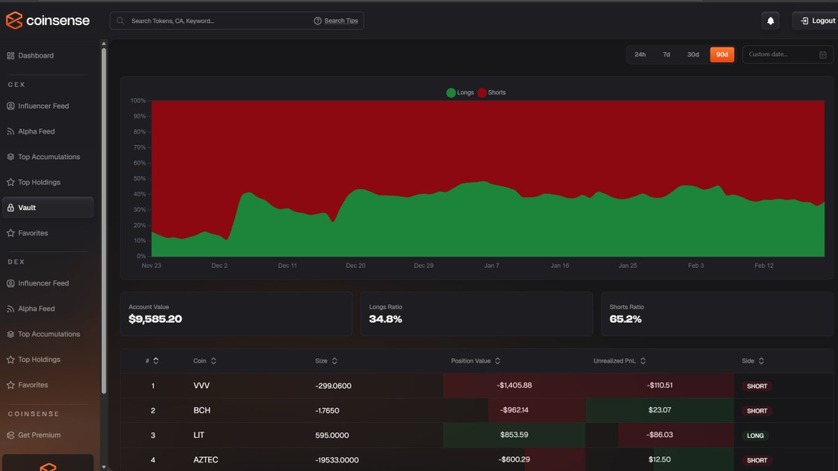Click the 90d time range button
tap(722, 54)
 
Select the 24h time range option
tap(640, 54)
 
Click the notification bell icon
tap(770, 21)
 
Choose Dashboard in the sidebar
tap(36, 56)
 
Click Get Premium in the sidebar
tap(39, 435)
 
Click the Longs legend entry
tap(460, 93)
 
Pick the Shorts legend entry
tap(492, 93)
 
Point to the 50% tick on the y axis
tap(138, 179)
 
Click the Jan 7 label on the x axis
tap(491, 266)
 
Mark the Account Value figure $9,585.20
tap(155, 320)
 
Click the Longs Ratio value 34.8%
tap(385, 320)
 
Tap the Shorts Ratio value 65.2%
tap(626, 320)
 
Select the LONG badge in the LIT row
tap(756, 435)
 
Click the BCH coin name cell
tap(202, 410)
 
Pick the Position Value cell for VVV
tap(515, 385)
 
